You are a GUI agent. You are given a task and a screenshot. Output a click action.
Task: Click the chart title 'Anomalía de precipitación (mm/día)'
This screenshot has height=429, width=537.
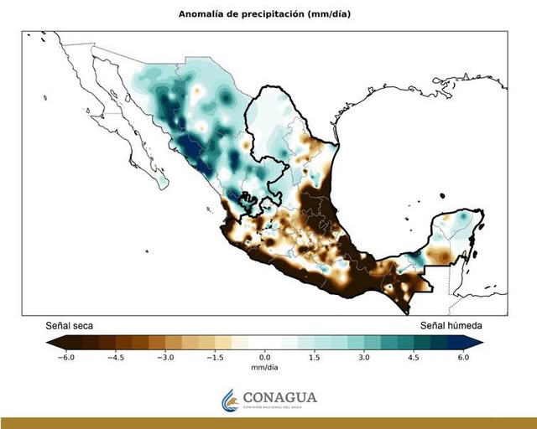click(x=264, y=14)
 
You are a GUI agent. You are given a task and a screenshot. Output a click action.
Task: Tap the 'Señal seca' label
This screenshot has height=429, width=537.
click(x=69, y=325)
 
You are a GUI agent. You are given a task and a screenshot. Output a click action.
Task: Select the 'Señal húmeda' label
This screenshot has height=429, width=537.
click(x=451, y=325)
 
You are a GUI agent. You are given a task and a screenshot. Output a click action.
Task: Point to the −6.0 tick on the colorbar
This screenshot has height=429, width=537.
click(x=65, y=357)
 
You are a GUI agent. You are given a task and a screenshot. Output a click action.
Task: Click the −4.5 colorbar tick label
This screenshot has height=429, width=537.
click(x=115, y=357)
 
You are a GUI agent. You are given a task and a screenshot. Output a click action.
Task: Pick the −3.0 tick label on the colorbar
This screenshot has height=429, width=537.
click(x=165, y=357)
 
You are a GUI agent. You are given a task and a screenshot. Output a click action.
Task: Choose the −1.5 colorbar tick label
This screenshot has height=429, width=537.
click(x=215, y=357)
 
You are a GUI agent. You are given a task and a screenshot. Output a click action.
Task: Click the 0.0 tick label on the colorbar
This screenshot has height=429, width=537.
click(x=265, y=357)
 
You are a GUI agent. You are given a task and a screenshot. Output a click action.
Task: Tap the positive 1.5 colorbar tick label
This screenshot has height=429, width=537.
click(x=315, y=357)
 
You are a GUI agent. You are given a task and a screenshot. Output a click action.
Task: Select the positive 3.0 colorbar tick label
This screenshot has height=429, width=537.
click(x=365, y=357)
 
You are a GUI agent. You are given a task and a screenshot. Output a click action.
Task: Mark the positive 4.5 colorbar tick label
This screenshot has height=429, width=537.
click(x=414, y=357)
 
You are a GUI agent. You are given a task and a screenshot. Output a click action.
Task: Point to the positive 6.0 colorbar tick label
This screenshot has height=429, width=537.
click(x=464, y=357)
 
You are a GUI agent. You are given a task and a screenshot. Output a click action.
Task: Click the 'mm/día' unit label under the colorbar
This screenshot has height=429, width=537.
click(x=265, y=367)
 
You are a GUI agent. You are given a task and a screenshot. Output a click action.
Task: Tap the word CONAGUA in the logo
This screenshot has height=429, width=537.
click(x=280, y=397)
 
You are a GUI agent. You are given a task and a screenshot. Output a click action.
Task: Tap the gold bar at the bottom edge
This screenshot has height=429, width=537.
click(x=268, y=423)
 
